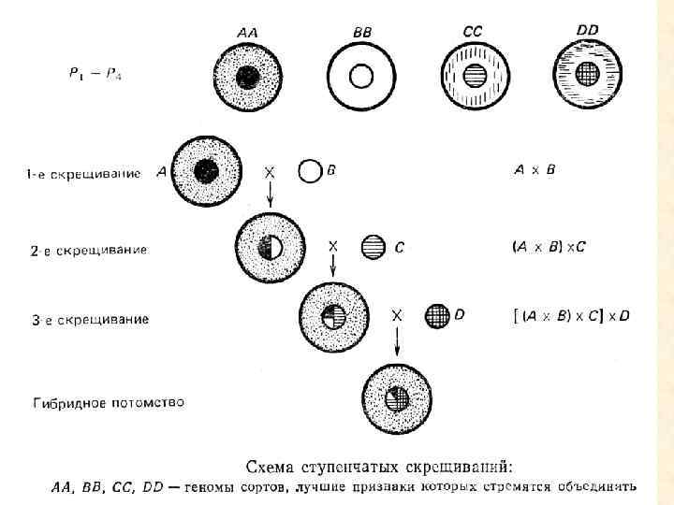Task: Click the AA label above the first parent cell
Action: click(x=248, y=32)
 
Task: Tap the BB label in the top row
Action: click(x=362, y=32)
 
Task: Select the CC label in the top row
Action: click(x=474, y=31)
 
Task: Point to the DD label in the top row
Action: click(x=588, y=30)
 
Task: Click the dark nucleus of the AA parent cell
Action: click(x=248, y=76)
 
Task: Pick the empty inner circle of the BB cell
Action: click(x=361, y=76)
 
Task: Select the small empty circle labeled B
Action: click(x=309, y=171)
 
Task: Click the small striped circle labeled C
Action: click(x=373, y=247)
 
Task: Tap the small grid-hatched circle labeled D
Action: click(x=437, y=315)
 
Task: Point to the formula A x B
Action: click(x=535, y=170)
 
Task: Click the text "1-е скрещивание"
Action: click(x=84, y=173)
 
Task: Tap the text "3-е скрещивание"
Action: click(x=90, y=320)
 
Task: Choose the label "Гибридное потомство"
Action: click(x=109, y=403)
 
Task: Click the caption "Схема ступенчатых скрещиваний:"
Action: click(x=379, y=465)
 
